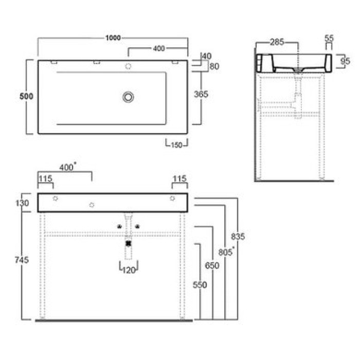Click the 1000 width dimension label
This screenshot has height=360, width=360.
tap(113, 38)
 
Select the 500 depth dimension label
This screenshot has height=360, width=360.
tap(26, 97)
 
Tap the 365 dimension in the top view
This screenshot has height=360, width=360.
tap(201, 94)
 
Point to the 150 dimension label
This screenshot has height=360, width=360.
tap(176, 145)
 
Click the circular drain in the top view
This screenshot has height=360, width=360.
tap(128, 97)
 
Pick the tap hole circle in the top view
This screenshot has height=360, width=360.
tap(128, 66)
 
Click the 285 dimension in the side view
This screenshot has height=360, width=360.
tap(277, 42)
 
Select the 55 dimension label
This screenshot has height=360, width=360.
tap(329, 38)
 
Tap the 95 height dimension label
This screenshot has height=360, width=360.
tap(345, 61)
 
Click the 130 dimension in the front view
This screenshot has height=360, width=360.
tap(22, 203)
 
